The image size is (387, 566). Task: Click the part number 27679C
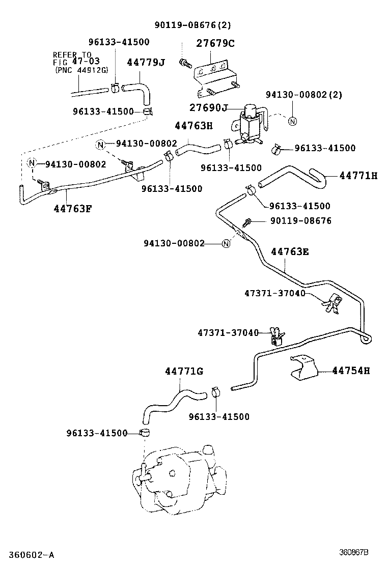click(x=215, y=43)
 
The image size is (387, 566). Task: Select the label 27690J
click(x=208, y=108)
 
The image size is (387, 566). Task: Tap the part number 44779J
click(x=146, y=62)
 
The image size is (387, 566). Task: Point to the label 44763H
click(x=193, y=126)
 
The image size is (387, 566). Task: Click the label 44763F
click(x=73, y=208)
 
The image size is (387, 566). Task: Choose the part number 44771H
click(x=358, y=176)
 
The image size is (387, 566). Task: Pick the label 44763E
click(x=290, y=251)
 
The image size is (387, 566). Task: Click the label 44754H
click(x=351, y=371)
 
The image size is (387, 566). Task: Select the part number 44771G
click(x=184, y=371)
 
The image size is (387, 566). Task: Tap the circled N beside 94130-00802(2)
click(x=292, y=121)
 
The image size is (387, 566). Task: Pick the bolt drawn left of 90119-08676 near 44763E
click(x=248, y=221)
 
